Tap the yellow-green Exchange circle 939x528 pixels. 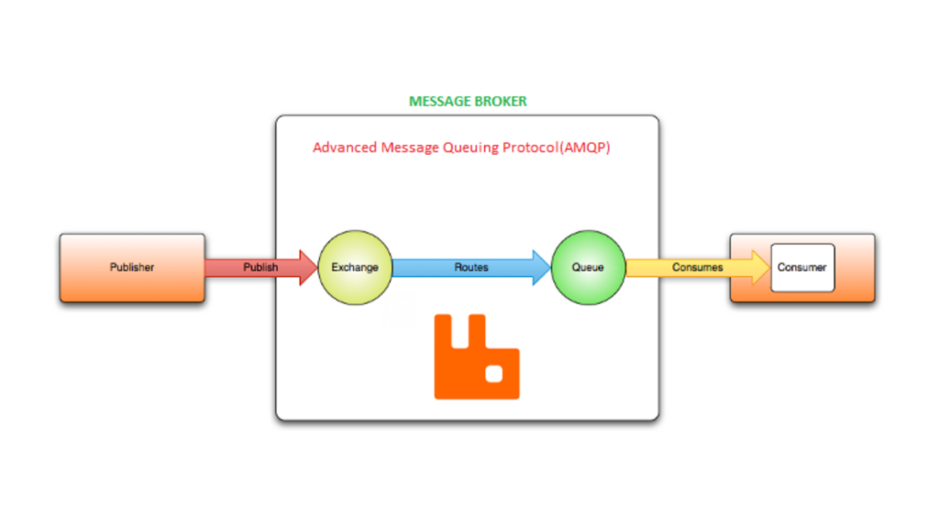click(355, 268)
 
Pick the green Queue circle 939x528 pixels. click(588, 268)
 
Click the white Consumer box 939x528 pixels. click(802, 268)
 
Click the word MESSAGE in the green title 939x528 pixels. click(438, 101)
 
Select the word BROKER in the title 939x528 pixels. click(500, 101)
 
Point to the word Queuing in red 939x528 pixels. click(473, 147)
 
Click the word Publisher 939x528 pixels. click(132, 268)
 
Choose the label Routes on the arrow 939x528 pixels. click(471, 268)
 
